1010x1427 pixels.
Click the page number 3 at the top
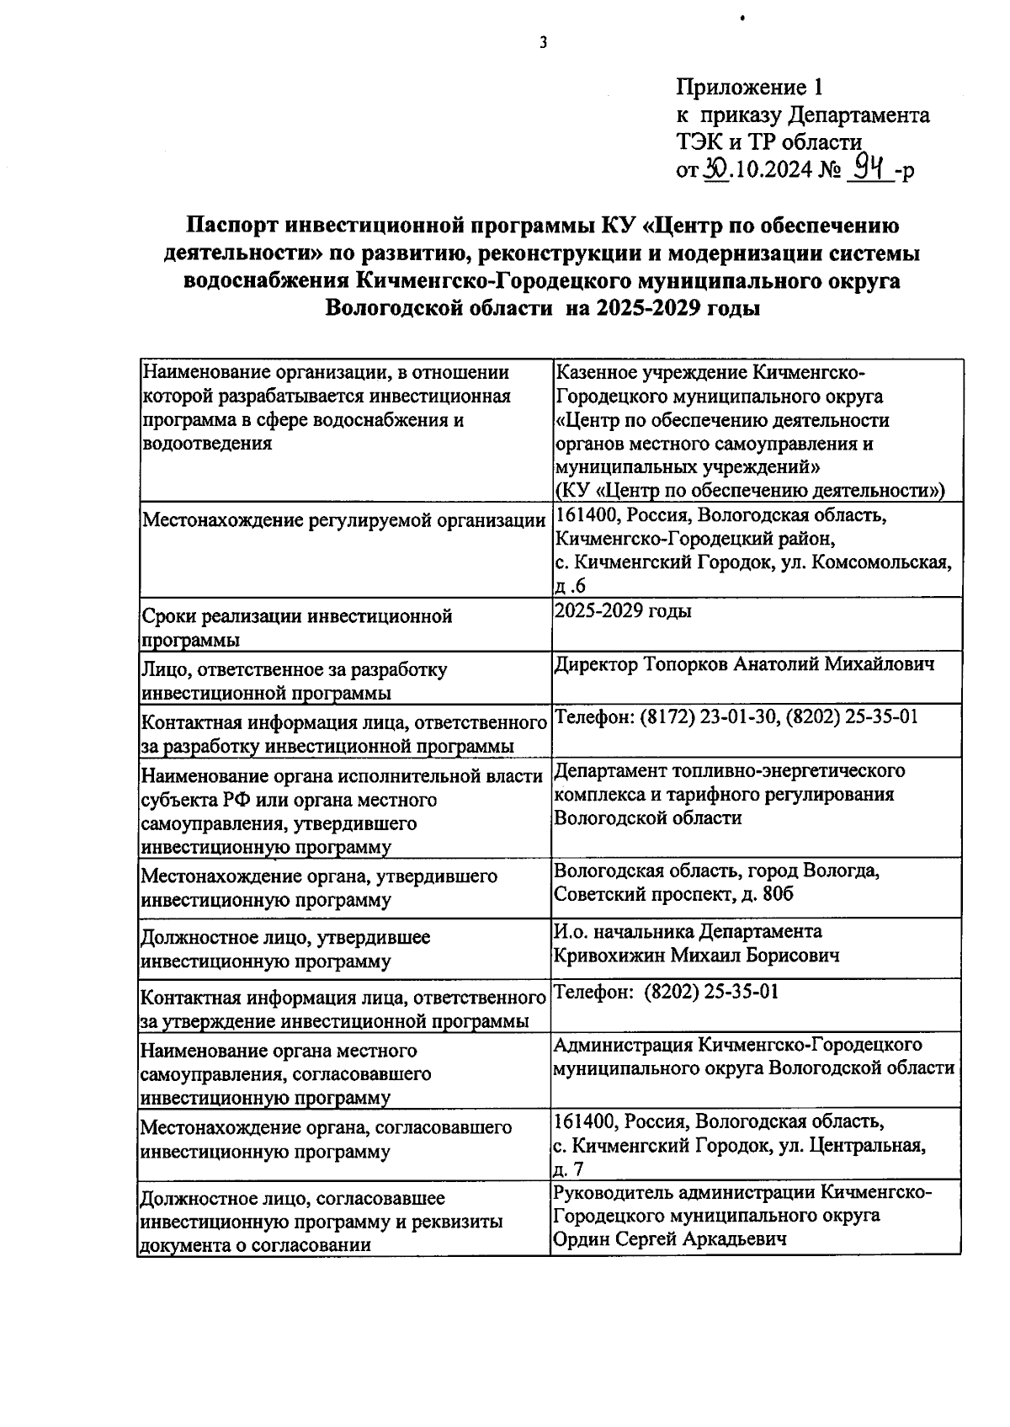(543, 43)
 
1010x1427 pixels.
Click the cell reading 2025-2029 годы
(623, 611)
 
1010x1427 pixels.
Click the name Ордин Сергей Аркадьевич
(670, 1239)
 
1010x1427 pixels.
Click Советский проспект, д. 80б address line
(673, 894)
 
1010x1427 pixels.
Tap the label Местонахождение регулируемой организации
(343, 521)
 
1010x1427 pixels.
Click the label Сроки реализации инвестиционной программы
(296, 627)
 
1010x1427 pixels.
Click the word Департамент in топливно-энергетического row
(609, 771)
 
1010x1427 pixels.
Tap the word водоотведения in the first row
(207, 444)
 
